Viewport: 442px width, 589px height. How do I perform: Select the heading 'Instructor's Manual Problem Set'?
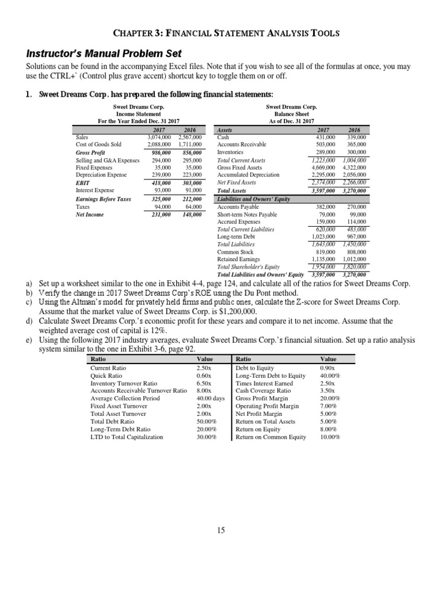click(x=104, y=53)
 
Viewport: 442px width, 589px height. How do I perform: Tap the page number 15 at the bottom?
click(x=221, y=530)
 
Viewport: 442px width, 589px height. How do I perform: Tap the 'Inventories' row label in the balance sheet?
click(x=231, y=152)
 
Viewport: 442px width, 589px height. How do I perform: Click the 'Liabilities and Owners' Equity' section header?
click(x=253, y=199)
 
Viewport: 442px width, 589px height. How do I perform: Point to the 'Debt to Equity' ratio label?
click(x=255, y=368)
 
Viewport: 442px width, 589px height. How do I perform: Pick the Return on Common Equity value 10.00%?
click(x=330, y=437)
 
